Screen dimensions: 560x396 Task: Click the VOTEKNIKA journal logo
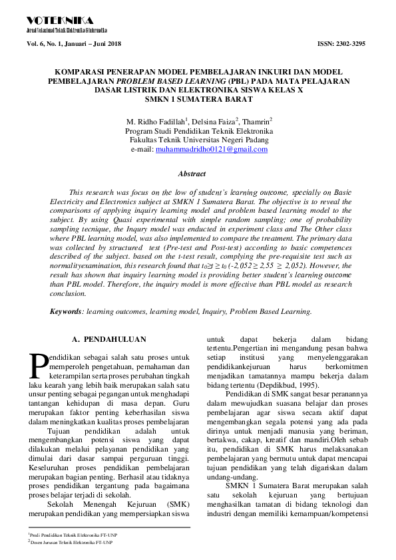[x=59, y=21]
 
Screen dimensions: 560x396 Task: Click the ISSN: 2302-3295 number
[x=343, y=43]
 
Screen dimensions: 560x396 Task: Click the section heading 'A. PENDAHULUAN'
[x=108, y=339]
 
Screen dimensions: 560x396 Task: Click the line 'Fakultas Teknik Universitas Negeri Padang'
[x=199, y=140]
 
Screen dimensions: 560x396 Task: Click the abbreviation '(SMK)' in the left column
[x=178, y=505]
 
